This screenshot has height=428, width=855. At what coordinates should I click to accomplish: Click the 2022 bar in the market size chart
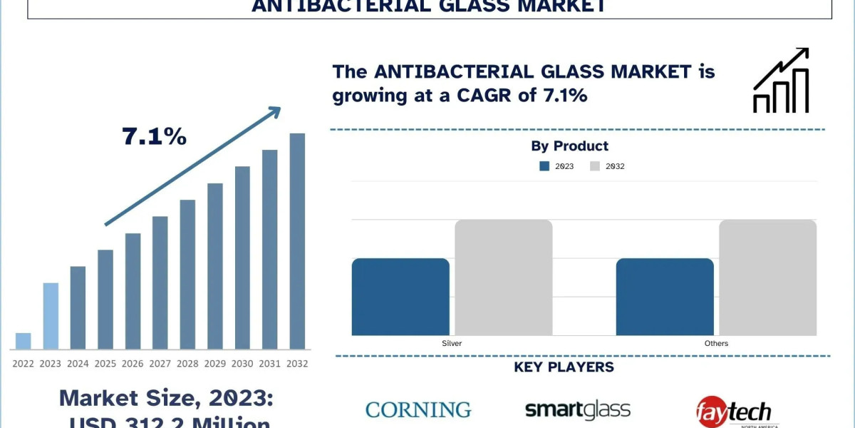(x=23, y=341)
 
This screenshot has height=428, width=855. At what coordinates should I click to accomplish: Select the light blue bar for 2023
(x=51, y=316)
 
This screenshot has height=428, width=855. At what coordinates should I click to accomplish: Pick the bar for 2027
(x=160, y=282)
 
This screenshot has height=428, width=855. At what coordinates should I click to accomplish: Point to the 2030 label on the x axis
(x=242, y=364)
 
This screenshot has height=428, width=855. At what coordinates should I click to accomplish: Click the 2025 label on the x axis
(x=105, y=364)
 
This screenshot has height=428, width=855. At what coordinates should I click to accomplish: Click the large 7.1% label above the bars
(x=155, y=136)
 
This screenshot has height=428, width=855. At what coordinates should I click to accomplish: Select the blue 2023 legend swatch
(x=544, y=166)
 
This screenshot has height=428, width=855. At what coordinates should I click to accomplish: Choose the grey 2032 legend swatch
(x=595, y=166)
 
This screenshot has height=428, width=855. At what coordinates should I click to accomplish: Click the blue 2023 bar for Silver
(x=400, y=297)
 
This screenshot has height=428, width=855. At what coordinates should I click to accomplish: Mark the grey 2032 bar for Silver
(x=504, y=277)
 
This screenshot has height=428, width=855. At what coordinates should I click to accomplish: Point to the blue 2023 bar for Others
(x=665, y=297)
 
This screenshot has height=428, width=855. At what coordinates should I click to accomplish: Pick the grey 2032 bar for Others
(x=768, y=277)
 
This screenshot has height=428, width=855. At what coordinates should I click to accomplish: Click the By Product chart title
(x=570, y=146)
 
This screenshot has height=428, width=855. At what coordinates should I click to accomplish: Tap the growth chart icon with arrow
(x=781, y=80)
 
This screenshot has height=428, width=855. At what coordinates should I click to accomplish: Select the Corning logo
(x=418, y=409)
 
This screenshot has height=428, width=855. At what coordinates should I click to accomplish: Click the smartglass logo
(x=578, y=409)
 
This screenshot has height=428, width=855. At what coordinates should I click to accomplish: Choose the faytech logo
(x=733, y=410)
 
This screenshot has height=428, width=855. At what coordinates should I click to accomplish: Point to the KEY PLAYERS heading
(x=564, y=367)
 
